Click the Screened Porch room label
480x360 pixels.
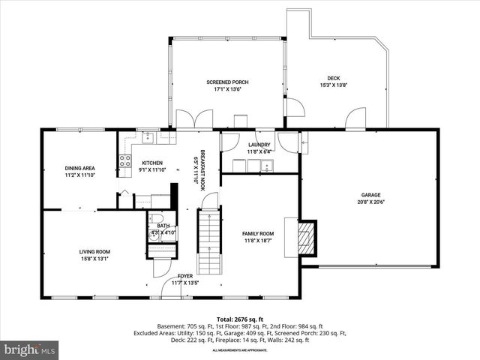tap(227, 82)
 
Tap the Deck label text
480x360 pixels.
tap(333, 78)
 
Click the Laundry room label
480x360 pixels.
tap(259, 145)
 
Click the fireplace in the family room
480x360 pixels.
tap(306, 238)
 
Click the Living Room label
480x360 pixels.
tap(95, 252)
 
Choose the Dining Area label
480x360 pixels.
tap(79, 168)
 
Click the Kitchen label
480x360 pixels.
tap(152, 163)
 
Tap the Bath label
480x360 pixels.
tap(163, 226)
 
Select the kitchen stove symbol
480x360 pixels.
tap(124, 160)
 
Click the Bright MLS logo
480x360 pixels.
tap(30, 349)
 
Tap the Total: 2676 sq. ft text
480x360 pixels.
tap(239, 319)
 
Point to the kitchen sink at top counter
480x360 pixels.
tap(148, 137)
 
